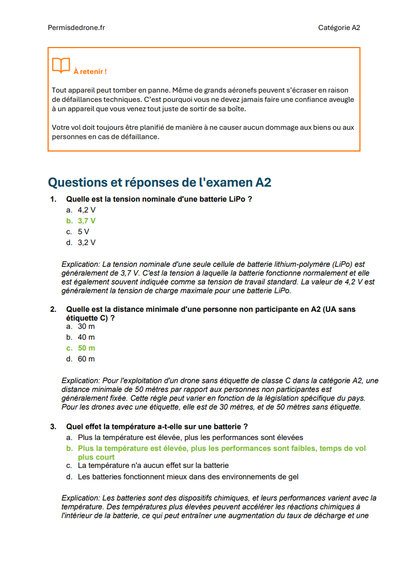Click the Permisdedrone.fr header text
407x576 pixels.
click(76, 28)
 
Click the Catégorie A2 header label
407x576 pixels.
click(339, 28)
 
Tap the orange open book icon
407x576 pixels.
click(61, 66)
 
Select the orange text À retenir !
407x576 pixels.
click(90, 71)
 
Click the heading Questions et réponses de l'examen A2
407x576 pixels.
click(159, 182)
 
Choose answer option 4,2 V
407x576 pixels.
click(86, 210)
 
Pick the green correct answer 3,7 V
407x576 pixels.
click(86, 221)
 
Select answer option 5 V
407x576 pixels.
click(83, 232)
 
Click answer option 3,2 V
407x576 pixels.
click(86, 242)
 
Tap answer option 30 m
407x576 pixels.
click(86, 326)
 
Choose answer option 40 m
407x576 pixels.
click(86, 337)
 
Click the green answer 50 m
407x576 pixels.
click(86, 348)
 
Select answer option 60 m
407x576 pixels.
click(86, 359)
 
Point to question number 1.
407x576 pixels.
click(53, 199)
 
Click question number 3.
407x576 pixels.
click(53, 427)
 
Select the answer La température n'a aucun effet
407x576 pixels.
click(153, 466)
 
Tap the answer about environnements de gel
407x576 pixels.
click(188, 477)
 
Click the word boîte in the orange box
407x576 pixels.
click(237, 109)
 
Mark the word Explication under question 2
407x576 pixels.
click(80, 381)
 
